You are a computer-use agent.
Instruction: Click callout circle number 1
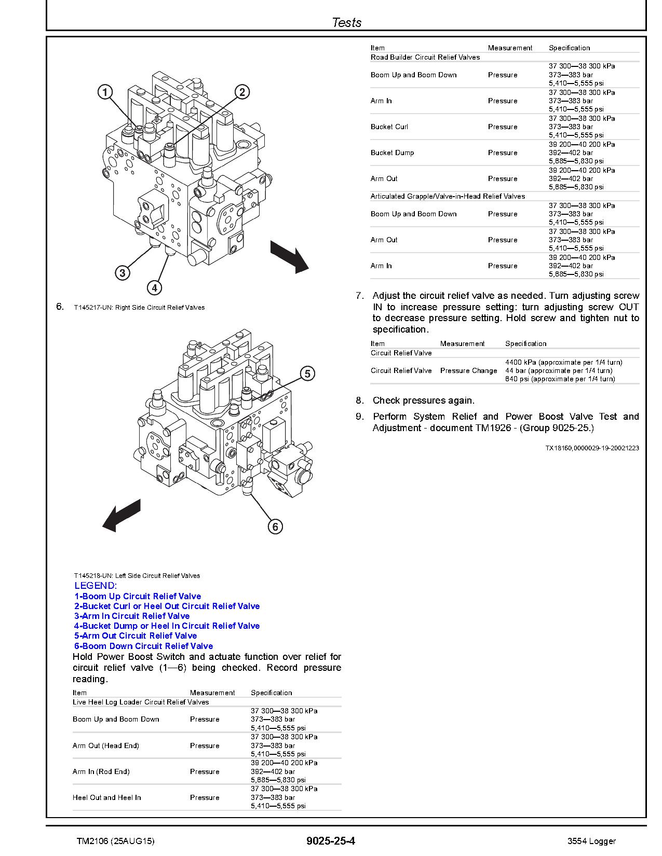click(105, 92)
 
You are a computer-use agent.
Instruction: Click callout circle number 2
click(242, 92)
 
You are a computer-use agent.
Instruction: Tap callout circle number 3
click(122, 273)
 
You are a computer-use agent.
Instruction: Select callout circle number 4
click(154, 287)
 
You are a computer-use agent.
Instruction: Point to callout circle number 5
click(307, 374)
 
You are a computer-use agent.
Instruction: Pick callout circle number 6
click(275, 527)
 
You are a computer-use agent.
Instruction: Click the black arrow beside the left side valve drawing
click(121, 515)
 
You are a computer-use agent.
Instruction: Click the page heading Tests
click(346, 22)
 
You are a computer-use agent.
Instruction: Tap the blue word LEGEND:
click(96, 586)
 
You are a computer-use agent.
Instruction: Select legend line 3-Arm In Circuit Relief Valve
click(132, 616)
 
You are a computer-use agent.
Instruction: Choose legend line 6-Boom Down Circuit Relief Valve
click(143, 646)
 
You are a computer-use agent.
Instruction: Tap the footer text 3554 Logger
click(591, 841)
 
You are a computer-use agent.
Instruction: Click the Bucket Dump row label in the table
click(392, 153)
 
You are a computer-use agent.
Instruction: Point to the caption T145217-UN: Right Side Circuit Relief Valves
click(139, 308)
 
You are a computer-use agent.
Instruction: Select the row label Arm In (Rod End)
click(101, 771)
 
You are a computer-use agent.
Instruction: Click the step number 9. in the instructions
click(360, 417)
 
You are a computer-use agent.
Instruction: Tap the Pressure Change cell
click(468, 370)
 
